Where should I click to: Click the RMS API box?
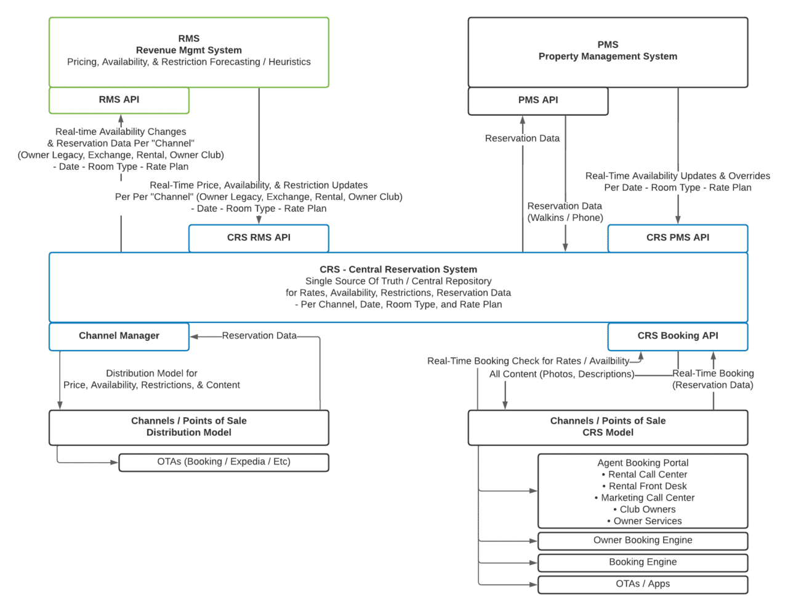point(119,100)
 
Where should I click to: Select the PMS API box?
point(538,100)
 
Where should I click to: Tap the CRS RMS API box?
point(259,238)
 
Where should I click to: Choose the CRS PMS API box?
point(677,238)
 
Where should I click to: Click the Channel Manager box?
point(119,336)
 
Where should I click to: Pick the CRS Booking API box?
point(677,336)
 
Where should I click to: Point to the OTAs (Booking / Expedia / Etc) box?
point(223,462)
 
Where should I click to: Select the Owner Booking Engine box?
point(643,540)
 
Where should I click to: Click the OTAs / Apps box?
point(643,584)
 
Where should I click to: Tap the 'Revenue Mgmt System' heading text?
point(189,50)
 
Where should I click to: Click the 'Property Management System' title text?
point(608,57)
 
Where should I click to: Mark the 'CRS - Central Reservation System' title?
point(398,270)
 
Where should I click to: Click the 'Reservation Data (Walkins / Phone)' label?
point(565,212)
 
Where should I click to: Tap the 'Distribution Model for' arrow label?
point(151,373)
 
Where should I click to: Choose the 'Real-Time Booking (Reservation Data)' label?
point(712,379)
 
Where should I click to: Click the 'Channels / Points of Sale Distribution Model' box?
point(189,427)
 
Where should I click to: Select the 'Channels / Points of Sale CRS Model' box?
point(608,427)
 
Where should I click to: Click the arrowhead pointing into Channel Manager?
point(194,337)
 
